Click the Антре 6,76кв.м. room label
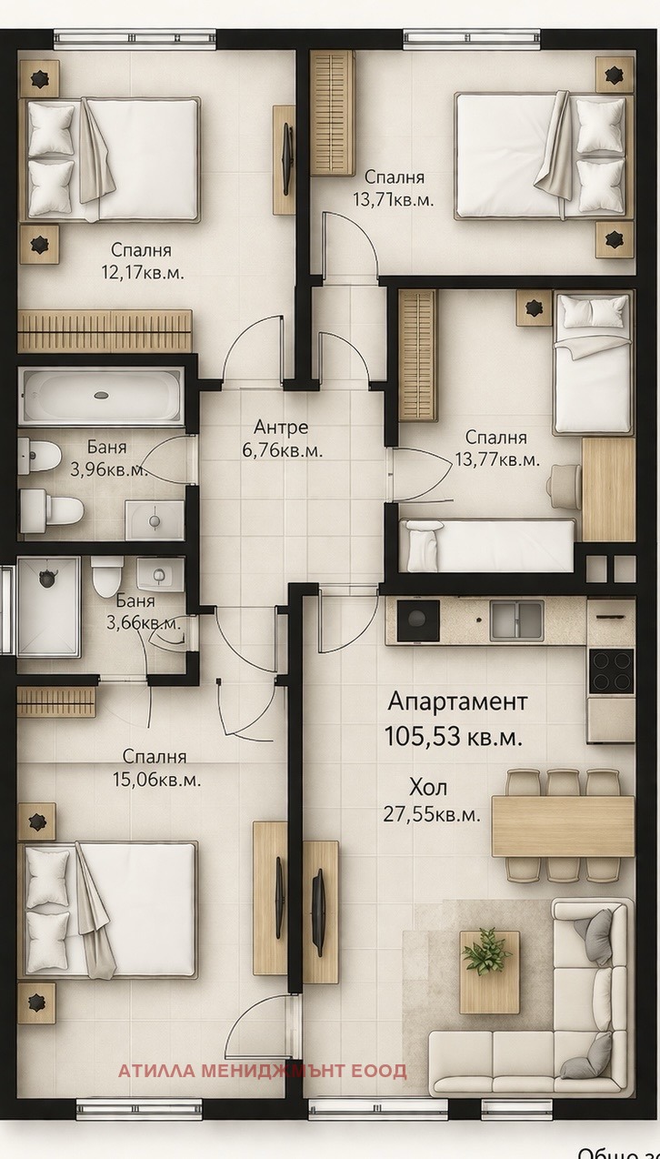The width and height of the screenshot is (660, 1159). pyautogui.click(x=281, y=438)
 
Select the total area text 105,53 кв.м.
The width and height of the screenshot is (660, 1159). pyautogui.click(x=454, y=737)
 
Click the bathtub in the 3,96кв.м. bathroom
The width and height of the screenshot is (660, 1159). pyautogui.click(x=101, y=396)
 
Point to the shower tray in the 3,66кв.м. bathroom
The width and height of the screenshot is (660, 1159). pyautogui.click(x=47, y=607)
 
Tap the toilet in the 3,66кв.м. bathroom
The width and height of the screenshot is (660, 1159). pyautogui.click(x=106, y=575)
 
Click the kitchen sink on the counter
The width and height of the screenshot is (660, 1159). pyautogui.click(x=517, y=620)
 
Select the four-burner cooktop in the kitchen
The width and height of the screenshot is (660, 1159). pyautogui.click(x=610, y=671)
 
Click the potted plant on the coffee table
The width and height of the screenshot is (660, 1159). pyautogui.click(x=487, y=952)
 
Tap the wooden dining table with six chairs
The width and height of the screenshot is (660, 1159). pyautogui.click(x=563, y=826)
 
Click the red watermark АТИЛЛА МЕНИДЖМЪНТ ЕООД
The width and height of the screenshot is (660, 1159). pyautogui.click(x=262, y=1071)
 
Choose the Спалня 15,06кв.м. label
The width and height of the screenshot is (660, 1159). pyautogui.click(x=155, y=768)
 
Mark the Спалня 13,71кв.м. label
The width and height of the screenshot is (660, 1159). pyautogui.click(x=394, y=188)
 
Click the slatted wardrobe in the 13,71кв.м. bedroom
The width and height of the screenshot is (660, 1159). pyautogui.click(x=332, y=112)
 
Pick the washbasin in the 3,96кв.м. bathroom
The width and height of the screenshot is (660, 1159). pyautogui.click(x=154, y=519)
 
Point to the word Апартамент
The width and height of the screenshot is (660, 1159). pyautogui.click(x=457, y=701)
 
